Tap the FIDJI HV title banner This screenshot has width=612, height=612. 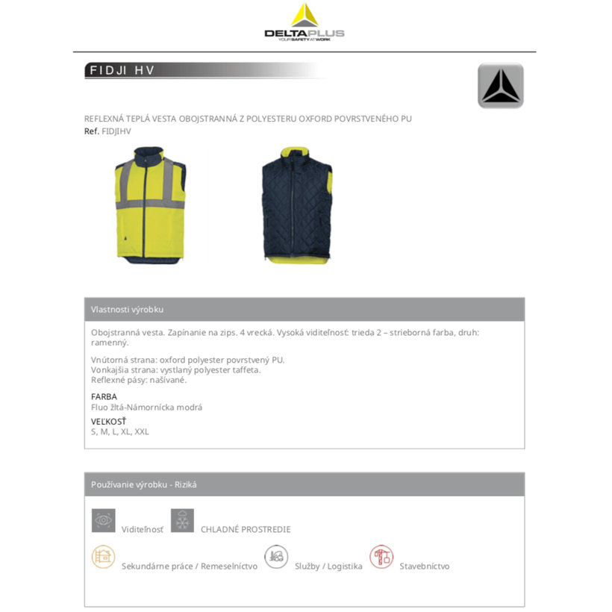pyautogui.click(x=123, y=71)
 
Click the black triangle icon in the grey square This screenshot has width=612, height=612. pyautogui.click(x=500, y=87)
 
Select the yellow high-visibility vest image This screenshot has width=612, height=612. pyautogui.click(x=150, y=204)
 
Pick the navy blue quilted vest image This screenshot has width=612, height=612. pyautogui.click(x=296, y=204)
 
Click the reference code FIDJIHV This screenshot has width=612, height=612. pyautogui.click(x=116, y=131)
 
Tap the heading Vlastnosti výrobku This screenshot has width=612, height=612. pyautogui.click(x=127, y=310)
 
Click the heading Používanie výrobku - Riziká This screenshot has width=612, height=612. pyautogui.click(x=144, y=484)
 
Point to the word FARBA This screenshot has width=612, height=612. pyautogui.click(x=104, y=396)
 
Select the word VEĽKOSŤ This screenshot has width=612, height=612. pyautogui.click(x=108, y=421)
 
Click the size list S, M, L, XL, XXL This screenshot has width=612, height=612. pyautogui.click(x=120, y=431)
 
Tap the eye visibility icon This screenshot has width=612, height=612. pyautogui.click(x=104, y=520)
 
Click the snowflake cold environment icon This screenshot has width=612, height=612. pyautogui.click(x=182, y=520)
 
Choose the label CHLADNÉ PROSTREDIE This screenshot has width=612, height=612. pyautogui.click(x=246, y=529)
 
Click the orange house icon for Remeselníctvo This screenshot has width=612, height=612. pyautogui.click(x=104, y=557)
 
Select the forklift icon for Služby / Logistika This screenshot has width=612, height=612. pyautogui.click(x=276, y=557)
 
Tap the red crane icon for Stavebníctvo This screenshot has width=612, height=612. pyautogui.click(x=381, y=557)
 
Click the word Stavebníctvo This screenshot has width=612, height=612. pyautogui.click(x=425, y=566)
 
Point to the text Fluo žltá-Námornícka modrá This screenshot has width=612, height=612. pyautogui.click(x=146, y=408)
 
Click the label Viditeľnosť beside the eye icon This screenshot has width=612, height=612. pyautogui.click(x=142, y=529)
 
